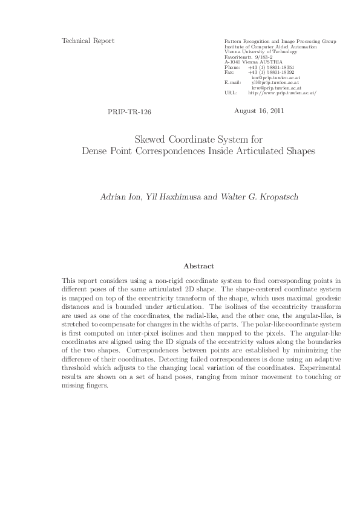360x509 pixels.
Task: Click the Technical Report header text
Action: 88,41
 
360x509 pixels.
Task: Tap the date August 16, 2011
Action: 258,111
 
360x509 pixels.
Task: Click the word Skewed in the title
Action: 149,139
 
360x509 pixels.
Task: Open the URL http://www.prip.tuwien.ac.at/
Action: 282,93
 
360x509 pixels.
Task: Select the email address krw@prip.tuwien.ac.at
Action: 280,88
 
